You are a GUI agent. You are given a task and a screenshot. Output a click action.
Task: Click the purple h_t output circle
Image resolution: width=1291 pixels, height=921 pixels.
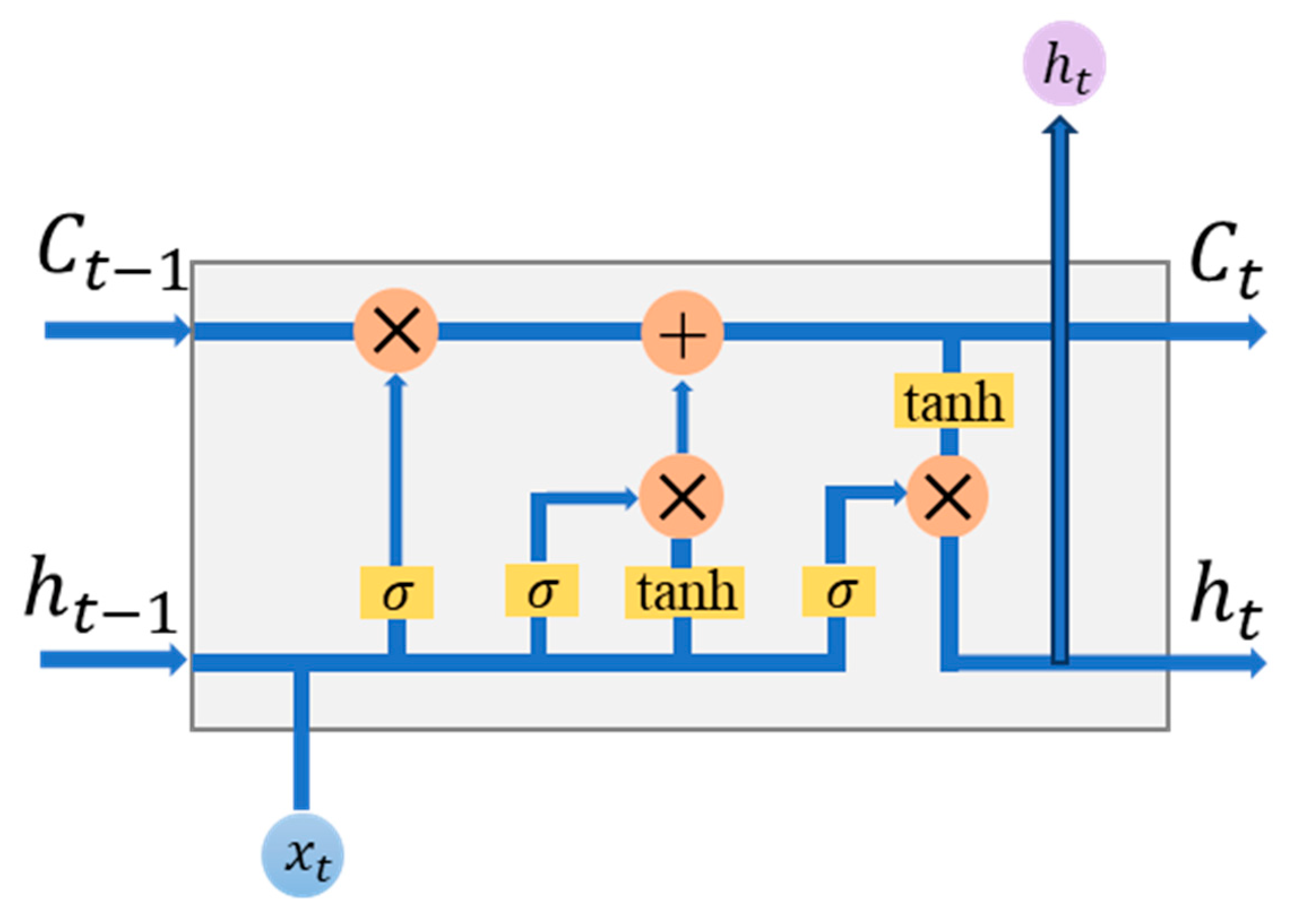(1064, 63)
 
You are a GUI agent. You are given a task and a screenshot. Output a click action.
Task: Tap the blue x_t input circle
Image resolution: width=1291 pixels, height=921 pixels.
(303, 855)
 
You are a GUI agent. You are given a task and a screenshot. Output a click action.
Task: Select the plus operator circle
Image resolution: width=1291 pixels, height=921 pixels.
(683, 333)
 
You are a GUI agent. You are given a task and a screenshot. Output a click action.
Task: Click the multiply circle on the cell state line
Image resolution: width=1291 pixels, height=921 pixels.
(396, 331)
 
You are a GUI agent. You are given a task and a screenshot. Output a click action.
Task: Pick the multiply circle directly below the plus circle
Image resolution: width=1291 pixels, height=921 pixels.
(682, 496)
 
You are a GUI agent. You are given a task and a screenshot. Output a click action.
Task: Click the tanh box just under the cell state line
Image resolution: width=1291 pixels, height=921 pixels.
(953, 400)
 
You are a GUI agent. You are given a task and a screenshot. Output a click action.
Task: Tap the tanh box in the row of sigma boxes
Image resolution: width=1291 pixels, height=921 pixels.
(685, 591)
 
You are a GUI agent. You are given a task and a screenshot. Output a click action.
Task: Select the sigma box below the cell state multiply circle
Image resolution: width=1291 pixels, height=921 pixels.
(396, 592)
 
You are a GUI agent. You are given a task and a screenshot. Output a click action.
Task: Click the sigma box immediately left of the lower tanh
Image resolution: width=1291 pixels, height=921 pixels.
(542, 590)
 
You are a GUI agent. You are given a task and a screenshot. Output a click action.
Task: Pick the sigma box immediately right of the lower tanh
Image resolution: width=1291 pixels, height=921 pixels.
(839, 591)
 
